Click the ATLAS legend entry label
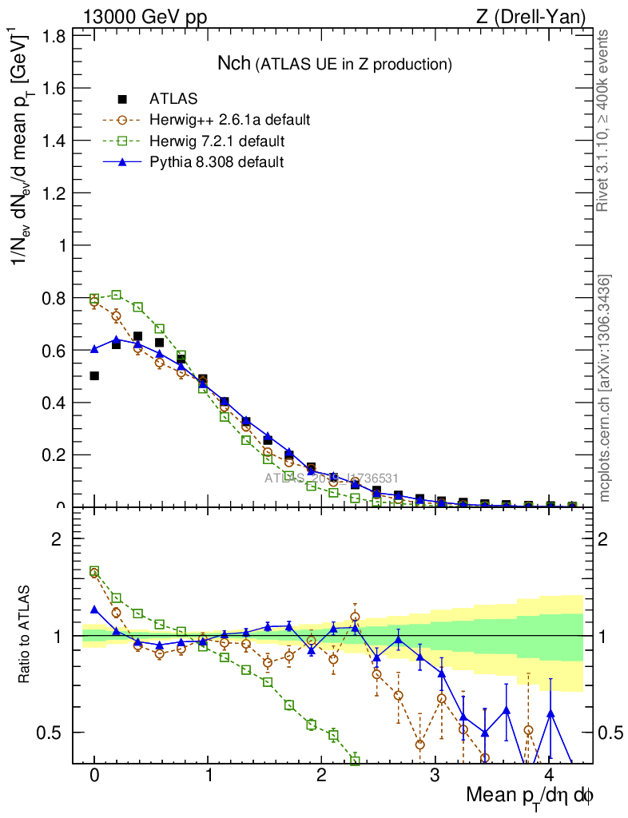173,99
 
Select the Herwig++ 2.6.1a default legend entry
229,121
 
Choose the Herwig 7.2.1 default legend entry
217,141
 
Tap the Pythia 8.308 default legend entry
217,162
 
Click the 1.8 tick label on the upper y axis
54,36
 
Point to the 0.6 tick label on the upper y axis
54,350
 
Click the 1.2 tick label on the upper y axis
54,193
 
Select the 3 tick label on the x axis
435,776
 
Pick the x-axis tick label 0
94,776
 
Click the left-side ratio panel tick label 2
57,539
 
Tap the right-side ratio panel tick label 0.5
609,733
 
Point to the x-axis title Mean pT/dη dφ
530,796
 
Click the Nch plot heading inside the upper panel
335,63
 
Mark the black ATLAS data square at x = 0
94,375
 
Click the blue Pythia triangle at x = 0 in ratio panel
94,610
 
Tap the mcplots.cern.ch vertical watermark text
605,388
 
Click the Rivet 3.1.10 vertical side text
605,121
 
